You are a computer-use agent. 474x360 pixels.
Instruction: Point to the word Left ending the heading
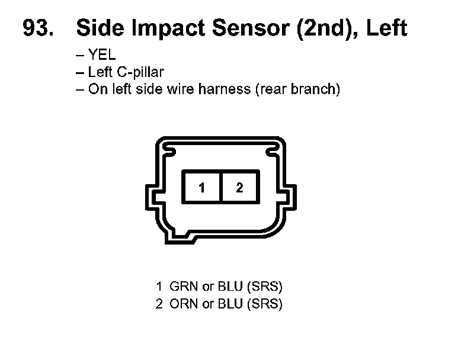tap(387, 28)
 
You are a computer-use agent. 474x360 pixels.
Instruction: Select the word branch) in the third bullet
tap(320, 90)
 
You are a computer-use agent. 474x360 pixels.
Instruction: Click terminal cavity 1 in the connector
tap(201, 188)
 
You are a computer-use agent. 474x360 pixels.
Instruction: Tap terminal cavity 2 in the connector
tap(239, 188)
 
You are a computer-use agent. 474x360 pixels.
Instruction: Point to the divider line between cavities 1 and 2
tap(220, 188)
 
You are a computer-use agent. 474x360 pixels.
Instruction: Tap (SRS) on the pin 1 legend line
tap(264, 287)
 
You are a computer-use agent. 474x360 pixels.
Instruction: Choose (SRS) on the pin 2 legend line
tap(264, 305)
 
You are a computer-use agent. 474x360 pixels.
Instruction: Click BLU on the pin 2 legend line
tap(230, 305)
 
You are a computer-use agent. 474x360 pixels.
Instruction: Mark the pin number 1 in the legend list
tap(159, 287)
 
